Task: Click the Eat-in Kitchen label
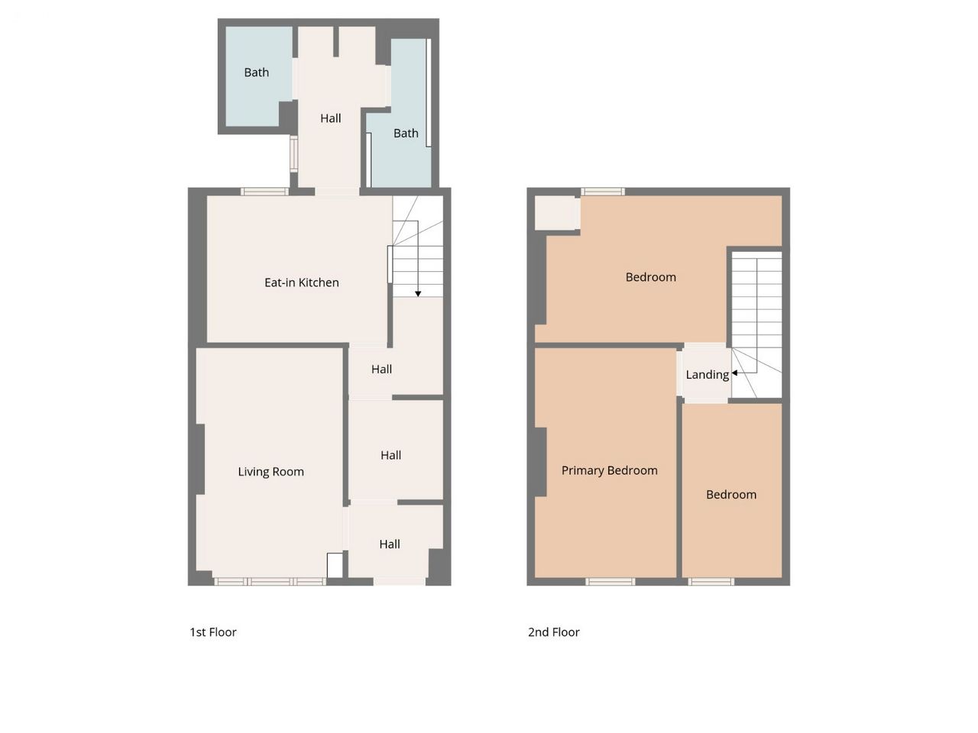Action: click(x=301, y=283)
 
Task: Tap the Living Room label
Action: click(x=270, y=471)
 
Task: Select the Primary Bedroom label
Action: click(x=609, y=470)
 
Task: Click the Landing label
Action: click(x=707, y=375)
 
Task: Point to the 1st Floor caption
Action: click(x=213, y=632)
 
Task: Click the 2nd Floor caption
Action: click(x=553, y=632)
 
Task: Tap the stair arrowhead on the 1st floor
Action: click(x=418, y=294)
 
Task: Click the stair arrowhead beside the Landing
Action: click(x=734, y=373)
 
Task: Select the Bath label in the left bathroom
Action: click(x=256, y=72)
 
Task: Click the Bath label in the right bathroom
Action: click(x=406, y=133)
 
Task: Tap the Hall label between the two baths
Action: click(x=331, y=118)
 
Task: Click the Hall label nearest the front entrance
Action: click(x=390, y=544)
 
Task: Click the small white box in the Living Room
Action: click(x=335, y=565)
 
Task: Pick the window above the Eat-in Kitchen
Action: click(x=264, y=192)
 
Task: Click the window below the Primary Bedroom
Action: click(x=610, y=581)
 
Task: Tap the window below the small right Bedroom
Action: click(x=711, y=581)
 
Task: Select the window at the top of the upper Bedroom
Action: click(x=602, y=192)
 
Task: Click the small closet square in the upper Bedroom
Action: click(x=557, y=213)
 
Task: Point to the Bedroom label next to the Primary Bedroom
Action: click(x=730, y=495)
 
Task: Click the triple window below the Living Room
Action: click(x=270, y=581)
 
